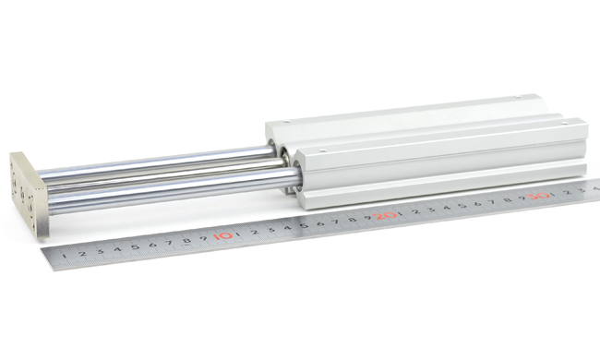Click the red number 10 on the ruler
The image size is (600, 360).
tap(223, 235)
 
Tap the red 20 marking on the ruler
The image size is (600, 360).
tap(387, 215)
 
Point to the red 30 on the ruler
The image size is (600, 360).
tap(539, 196)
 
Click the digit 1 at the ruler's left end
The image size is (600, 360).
tap(64, 256)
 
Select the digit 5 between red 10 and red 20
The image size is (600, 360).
tap(304, 225)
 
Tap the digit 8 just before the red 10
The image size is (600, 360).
tap(186, 240)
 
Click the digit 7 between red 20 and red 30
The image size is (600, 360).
tap(493, 202)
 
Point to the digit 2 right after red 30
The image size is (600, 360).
tap(568, 192)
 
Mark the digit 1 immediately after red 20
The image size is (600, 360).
tap(401, 213)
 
